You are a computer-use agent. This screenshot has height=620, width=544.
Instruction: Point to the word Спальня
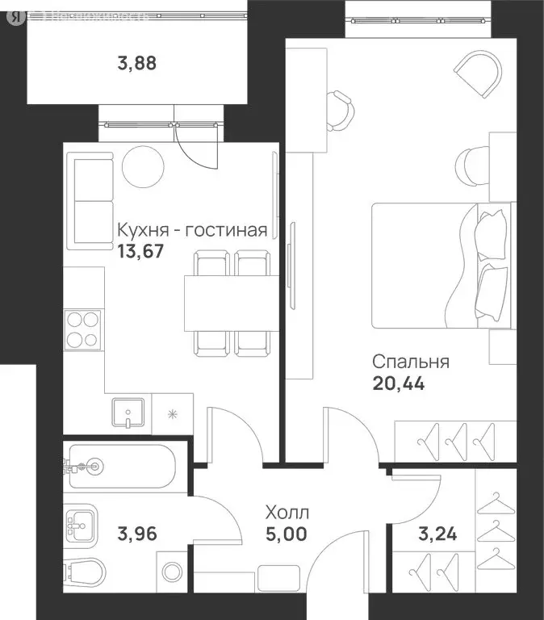click(x=411, y=362)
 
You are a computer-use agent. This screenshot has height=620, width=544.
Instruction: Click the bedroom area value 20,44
click(x=398, y=383)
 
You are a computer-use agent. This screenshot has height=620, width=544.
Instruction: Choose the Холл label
click(x=287, y=512)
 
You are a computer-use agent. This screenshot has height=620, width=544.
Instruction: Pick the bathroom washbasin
click(x=81, y=526)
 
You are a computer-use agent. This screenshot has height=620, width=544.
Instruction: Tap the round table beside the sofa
click(x=144, y=165)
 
